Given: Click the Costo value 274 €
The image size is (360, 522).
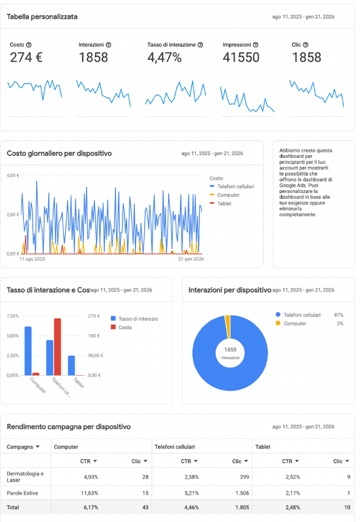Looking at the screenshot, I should point(26,57).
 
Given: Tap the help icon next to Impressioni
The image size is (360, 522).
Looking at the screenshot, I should point(255,45).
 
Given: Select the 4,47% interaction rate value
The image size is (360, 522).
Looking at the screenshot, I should point(164,57).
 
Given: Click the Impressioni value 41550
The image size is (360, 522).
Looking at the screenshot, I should point(241,57).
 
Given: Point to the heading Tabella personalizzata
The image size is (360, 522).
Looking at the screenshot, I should point(42,17).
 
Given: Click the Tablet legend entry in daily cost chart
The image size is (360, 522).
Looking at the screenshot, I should point(224,204).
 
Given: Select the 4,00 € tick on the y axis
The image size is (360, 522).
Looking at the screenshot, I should point(13,175).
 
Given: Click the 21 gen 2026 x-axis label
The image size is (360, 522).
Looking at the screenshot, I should point(191,259).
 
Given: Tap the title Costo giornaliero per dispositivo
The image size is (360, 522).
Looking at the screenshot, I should point(59,154).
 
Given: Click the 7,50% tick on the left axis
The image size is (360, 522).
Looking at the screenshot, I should point(13,316).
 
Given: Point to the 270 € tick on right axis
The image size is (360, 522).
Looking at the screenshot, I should point(94,316).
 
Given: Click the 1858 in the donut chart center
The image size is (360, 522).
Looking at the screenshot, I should point(230,349).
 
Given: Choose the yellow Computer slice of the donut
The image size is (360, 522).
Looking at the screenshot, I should point(228,320).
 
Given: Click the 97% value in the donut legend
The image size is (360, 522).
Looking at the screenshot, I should point(338,315).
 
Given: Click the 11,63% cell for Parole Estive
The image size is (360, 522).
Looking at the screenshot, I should point(89,494).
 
